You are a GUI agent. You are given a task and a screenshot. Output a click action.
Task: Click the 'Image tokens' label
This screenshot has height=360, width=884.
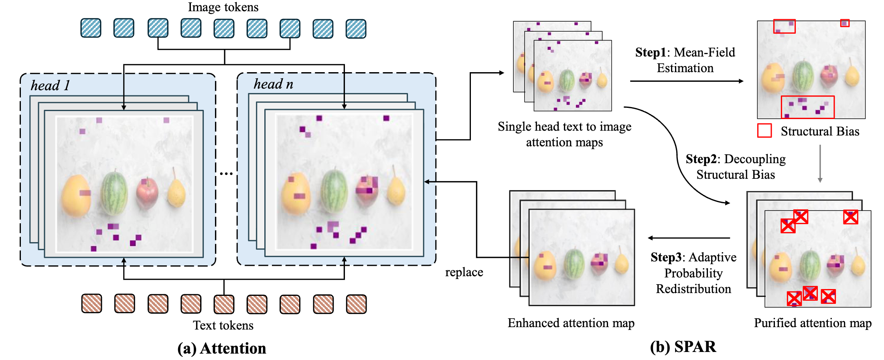[223, 7]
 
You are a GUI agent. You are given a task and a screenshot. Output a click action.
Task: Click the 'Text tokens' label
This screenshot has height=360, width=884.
[223, 325]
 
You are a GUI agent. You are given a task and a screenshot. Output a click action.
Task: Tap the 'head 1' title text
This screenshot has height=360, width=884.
[51, 85]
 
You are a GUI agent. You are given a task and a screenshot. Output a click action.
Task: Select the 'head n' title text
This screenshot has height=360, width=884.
[274, 84]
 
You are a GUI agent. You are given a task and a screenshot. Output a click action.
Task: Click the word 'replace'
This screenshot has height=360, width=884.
[464, 272]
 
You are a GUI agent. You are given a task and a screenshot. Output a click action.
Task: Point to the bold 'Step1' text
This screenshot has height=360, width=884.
[651, 53]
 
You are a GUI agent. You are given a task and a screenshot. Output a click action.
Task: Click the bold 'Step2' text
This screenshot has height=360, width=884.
[701, 159]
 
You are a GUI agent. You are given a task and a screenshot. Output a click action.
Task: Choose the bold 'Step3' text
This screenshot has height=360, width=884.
[666, 257]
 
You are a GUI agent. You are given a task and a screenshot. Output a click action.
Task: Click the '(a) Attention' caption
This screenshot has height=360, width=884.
[222, 348]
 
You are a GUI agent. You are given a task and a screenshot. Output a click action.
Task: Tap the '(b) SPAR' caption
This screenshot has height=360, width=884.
[683, 347]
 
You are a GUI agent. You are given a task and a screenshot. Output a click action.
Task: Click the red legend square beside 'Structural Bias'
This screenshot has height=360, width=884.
[764, 131]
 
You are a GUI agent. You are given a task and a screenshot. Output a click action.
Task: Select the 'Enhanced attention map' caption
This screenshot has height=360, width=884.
[571, 323]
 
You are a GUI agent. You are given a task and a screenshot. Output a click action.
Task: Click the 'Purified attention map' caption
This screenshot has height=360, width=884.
[813, 323]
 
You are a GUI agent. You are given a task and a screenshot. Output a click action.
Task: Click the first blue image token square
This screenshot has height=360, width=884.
[91, 28]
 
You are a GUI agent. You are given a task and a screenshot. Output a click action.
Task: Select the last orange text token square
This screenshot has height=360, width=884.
[356, 304]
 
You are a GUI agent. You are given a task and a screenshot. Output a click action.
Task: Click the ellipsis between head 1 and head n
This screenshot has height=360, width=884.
[226, 174]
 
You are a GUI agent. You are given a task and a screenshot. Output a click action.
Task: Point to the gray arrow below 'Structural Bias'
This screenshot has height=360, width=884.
[820, 164]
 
